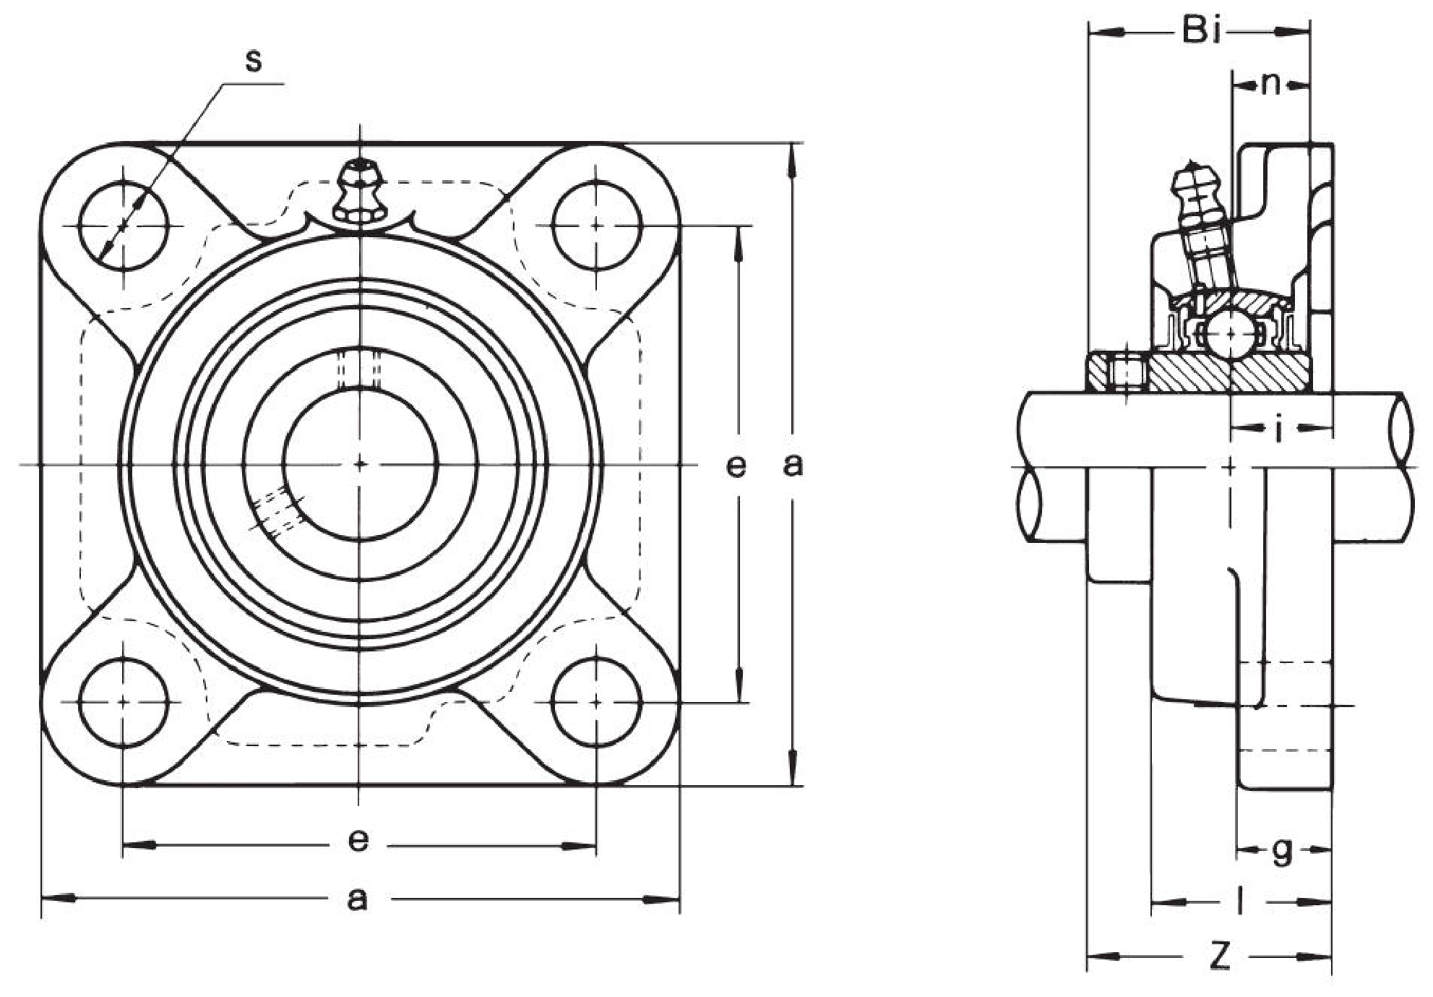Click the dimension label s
point(253,60)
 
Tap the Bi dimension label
point(1202,31)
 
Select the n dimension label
point(1271,85)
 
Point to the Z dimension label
point(1220,957)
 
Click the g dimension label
point(1281,851)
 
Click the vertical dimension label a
point(793,465)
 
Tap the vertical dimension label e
point(736,466)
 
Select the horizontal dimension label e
point(358,841)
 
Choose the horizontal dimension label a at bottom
point(358,899)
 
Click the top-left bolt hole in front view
point(124,226)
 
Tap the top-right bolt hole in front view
point(596,226)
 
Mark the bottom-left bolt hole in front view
point(124,701)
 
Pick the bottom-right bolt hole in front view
point(596,701)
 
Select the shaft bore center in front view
point(360,463)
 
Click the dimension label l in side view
point(1240,901)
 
